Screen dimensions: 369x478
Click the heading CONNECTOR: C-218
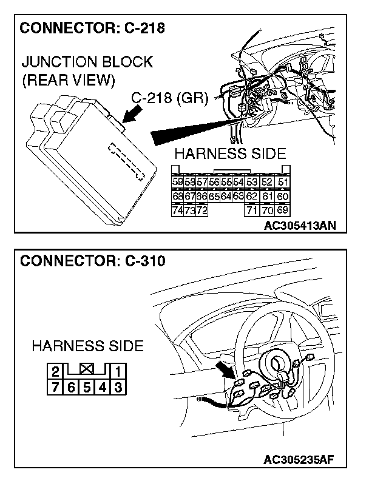(x=92, y=28)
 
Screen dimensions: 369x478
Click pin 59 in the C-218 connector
(x=177, y=182)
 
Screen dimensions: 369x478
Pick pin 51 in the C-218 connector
(x=282, y=182)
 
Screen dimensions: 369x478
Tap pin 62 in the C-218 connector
(x=251, y=196)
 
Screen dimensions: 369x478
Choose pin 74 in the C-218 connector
(x=177, y=210)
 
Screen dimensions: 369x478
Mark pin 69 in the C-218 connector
(x=282, y=210)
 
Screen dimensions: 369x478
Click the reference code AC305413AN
(x=300, y=226)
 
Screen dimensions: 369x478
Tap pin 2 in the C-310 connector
(x=55, y=372)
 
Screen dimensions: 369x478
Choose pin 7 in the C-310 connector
(x=55, y=386)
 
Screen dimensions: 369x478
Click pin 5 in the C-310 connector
(x=87, y=386)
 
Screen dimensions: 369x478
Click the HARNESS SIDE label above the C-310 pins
(x=87, y=346)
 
